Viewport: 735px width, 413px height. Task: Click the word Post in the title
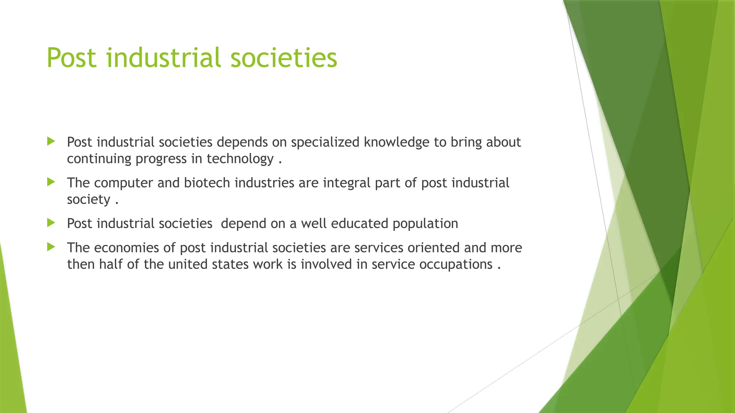72,58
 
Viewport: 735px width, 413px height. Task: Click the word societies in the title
284,58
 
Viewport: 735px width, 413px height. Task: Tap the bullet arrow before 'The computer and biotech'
51,182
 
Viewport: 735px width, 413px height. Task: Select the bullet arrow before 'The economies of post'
51,247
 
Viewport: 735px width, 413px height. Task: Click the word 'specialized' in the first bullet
325,142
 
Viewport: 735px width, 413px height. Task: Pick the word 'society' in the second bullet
88,199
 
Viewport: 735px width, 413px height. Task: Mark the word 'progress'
161,159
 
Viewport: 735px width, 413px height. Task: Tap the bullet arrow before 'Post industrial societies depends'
51,141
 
